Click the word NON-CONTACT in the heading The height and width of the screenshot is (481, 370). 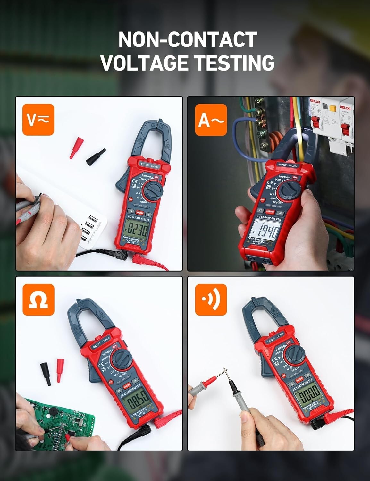point(188,39)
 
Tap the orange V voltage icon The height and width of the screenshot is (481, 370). point(38,120)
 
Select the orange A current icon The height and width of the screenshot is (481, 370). point(211,120)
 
